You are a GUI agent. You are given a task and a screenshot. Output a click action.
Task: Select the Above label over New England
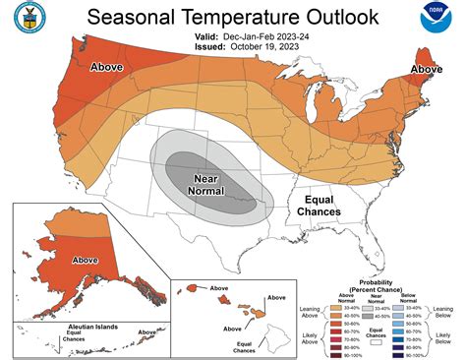pyautogui.click(x=426, y=69)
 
